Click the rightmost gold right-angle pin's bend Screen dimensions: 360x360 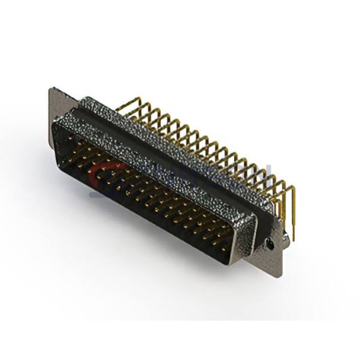(x=290, y=188)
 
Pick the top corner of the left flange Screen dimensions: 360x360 (x=52, y=90)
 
